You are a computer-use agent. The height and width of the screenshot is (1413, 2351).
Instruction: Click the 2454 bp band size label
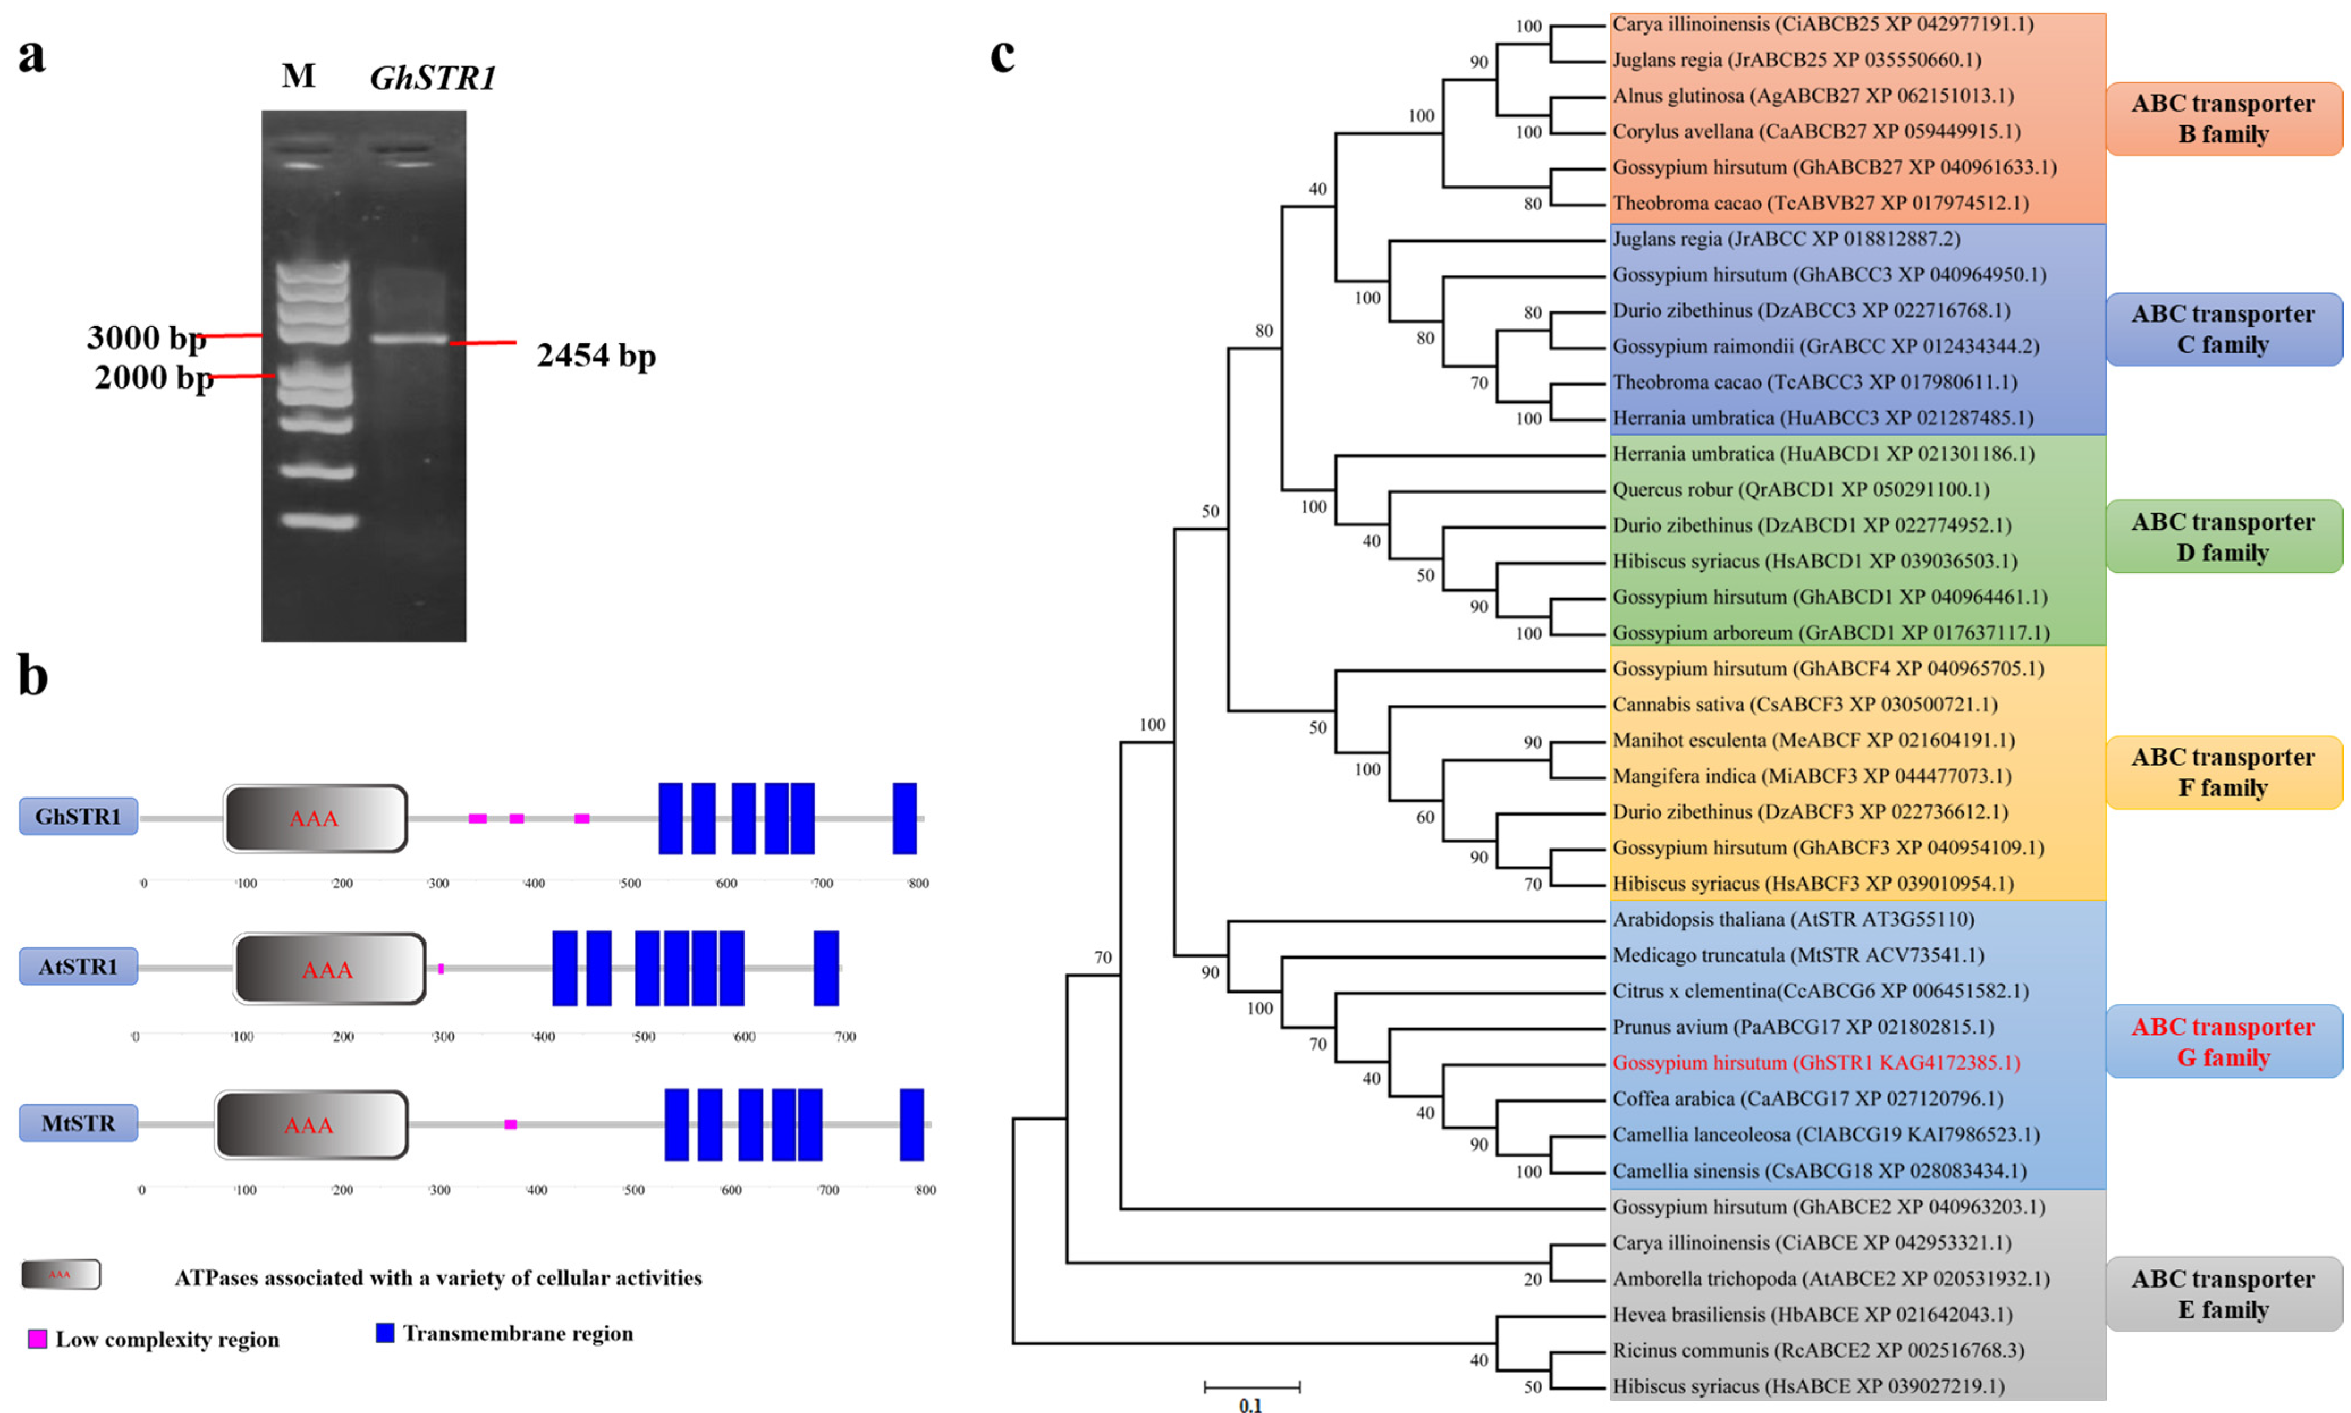click(596, 355)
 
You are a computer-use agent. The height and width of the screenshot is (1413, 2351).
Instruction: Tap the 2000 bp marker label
click(153, 377)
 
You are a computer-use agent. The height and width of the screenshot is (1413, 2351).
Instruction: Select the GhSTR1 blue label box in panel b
click(78, 816)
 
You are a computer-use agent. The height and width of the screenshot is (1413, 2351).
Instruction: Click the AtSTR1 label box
click(78, 967)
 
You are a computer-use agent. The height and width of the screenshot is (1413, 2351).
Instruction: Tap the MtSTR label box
click(78, 1124)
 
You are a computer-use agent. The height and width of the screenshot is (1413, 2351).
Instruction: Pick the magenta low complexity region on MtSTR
click(510, 1124)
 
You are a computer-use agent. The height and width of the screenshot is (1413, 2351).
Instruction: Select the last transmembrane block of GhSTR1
click(904, 818)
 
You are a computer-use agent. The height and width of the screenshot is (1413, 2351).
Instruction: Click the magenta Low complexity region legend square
click(37, 1339)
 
